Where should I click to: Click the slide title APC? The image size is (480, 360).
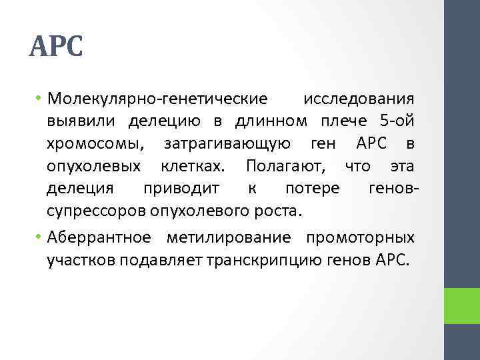tap(57, 47)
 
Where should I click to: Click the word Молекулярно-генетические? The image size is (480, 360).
tap(157, 99)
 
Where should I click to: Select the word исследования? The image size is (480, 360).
tap(359, 99)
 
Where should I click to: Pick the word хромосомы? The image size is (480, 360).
tap(96, 143)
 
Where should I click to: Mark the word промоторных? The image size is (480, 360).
tap(360, 238)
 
